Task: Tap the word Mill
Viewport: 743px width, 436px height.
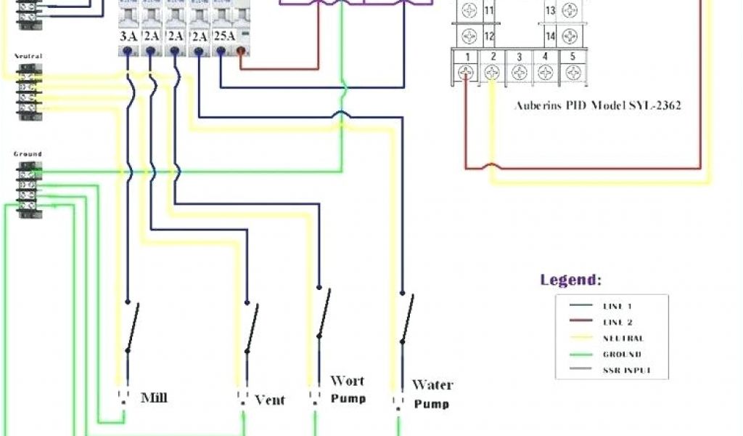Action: point(154,397)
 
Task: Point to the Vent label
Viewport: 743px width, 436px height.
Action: point(270,400)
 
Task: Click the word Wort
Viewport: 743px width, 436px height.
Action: point(348,381)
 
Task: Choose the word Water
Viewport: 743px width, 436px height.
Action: point(432,384)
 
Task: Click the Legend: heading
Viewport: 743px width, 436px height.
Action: point(571,280)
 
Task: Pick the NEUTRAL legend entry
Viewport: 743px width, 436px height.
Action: point(623,338)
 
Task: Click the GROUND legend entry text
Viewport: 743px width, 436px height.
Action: point(622,355)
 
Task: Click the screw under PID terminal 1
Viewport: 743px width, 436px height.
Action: point(468,73)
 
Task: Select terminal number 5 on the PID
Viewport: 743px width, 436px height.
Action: point(572,56)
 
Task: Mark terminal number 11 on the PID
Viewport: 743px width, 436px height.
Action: point(488,11)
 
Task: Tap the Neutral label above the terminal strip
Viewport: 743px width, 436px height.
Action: point(28,56)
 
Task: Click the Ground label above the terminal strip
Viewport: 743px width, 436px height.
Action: point(28,154)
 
